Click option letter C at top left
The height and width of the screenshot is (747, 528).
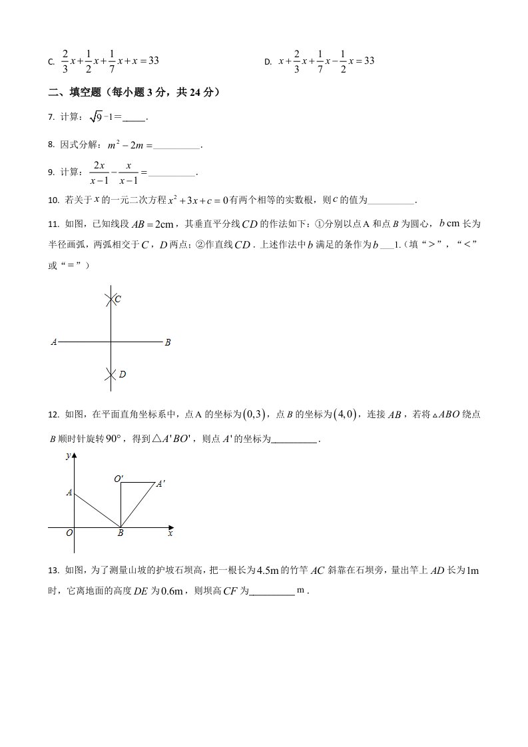tap(51, 62)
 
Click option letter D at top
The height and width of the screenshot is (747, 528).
tap(267, 62)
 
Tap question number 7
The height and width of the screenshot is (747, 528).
tap(51, 118)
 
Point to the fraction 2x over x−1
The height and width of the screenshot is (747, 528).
tap(99, 171)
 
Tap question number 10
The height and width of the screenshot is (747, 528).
tap(54, 200)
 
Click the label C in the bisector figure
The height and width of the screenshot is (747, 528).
tap(118, 300)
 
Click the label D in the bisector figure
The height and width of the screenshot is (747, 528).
tap(122, 374)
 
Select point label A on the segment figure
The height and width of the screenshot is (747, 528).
tap(54, 342)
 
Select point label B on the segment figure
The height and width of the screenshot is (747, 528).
tap(168, 342)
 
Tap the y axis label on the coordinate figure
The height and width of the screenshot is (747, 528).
tap(67, 456)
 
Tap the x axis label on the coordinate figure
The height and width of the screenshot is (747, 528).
tap(170, 533)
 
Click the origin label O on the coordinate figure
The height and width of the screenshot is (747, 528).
tap(69, 533)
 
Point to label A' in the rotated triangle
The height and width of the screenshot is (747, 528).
tap(160, 485)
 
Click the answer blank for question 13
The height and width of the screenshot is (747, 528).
tap(272, 591)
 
